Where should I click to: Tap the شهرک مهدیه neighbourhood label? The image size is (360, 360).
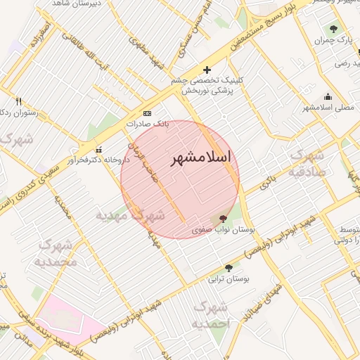[130, 214]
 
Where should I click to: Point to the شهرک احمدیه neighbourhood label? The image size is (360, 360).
[210, 316]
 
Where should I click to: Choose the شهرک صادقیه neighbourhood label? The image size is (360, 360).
[307, 163]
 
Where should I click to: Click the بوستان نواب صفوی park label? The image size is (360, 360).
[224, 230]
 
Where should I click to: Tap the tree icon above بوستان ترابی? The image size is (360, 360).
[229, 268]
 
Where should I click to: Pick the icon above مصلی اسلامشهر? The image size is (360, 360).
[328, 97]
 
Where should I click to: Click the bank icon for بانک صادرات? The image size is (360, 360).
[147, 112]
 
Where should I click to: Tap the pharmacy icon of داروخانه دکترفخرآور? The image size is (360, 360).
[98, 150]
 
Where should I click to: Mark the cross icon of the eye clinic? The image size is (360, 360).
[207, 70]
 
